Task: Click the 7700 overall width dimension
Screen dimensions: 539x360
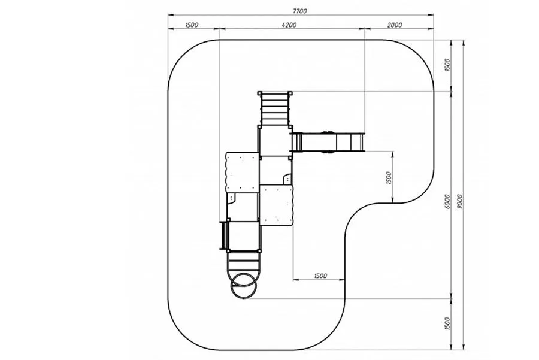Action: pos(300,11)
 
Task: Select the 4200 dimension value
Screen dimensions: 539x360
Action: pos(289,25)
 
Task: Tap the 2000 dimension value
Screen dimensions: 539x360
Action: pos(395,25)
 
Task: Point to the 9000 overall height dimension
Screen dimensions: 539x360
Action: pos(459,201)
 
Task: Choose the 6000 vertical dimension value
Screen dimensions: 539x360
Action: pos(447,201)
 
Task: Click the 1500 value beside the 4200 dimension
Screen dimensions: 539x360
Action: pos(192,25)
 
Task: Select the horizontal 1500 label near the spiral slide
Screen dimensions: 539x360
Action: pos(320,276)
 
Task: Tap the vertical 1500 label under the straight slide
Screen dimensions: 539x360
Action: pos(389,178)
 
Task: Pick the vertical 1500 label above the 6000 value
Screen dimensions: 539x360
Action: pos(447,65)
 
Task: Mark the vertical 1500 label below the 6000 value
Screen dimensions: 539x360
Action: pos(447,324)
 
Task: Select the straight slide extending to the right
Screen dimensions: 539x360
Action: pos(328,141)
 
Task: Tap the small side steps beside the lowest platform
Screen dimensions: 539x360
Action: pos(224,235)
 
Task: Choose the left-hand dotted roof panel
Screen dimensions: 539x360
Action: pos(242,173)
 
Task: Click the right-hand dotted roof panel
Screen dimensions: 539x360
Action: pos(276,205)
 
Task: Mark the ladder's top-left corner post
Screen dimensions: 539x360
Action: pos(259,93)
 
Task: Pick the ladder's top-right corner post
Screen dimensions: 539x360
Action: pos(290,93)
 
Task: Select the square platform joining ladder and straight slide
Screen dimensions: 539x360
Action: pos(275,141)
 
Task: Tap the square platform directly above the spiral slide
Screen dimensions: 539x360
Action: pos(244,236)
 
